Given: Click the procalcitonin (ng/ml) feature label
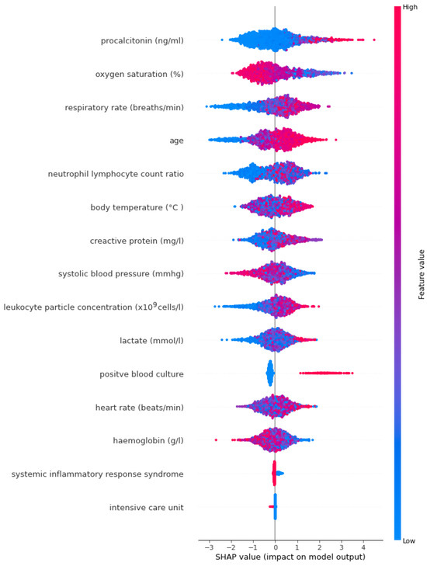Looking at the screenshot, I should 142,40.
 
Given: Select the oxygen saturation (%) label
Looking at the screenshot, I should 139,74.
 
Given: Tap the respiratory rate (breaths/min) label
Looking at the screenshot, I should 124,107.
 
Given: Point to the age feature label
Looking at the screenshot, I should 176,141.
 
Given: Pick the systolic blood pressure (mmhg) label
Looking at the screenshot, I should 121,273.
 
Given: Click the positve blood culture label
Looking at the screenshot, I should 141,373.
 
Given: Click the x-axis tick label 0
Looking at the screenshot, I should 275,547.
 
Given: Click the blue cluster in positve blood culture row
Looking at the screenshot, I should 270,373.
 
